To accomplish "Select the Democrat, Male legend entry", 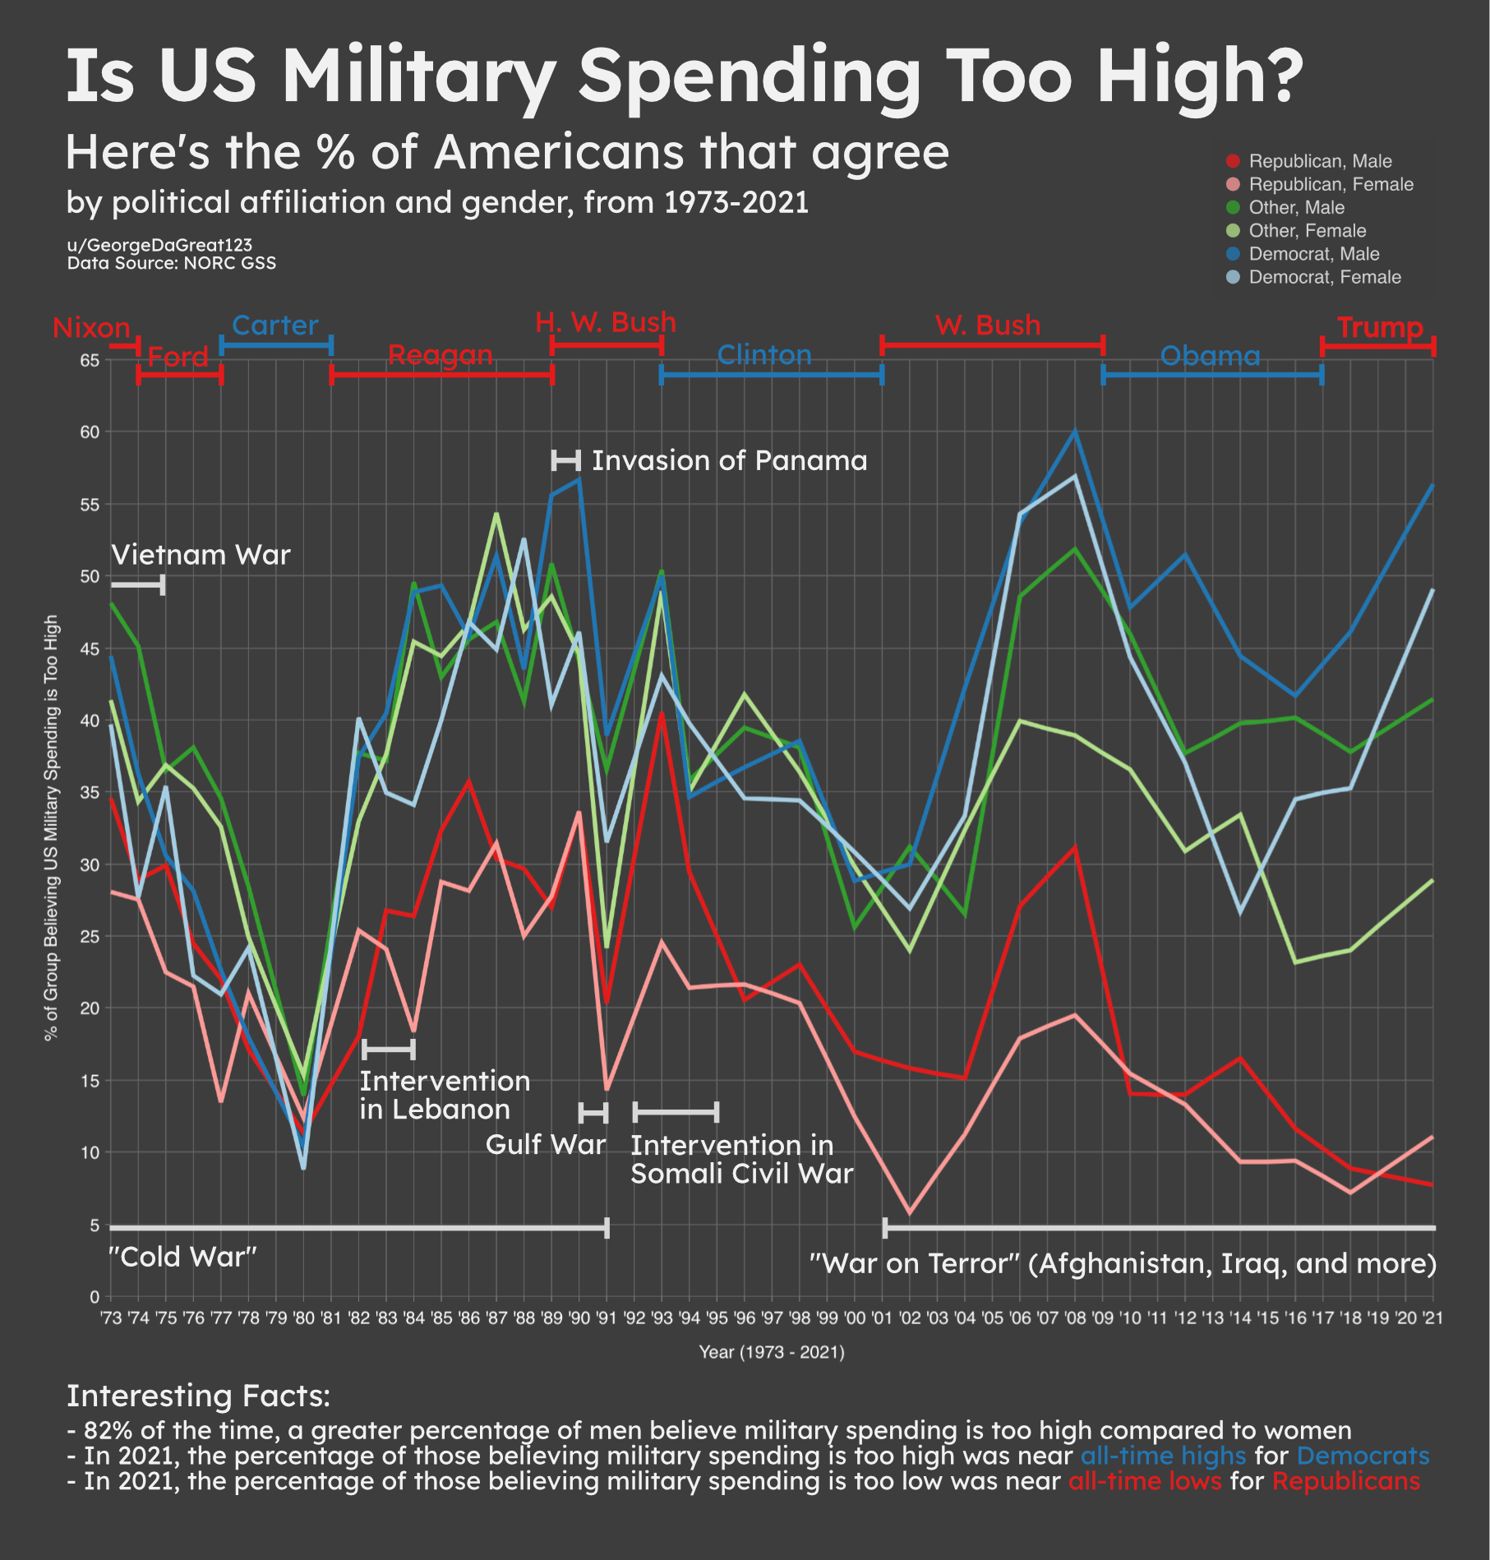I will click(1313, 254).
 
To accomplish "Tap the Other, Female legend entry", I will click(1307, 231).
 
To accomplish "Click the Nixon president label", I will click(91, 328).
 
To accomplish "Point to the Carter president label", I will click(274, 325).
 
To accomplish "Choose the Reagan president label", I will click(440, 355).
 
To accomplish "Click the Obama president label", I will click(1210, 355).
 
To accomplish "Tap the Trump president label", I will click(1380, 327).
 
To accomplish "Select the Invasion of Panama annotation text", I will click(729, 460).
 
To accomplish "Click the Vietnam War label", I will click(201, 555).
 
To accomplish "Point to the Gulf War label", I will click(545, 1144).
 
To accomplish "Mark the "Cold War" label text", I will click(183, 1257).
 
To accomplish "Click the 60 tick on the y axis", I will click(90, 432).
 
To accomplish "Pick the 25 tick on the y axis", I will click(90, 936).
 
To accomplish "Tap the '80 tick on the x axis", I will click(303, 1318).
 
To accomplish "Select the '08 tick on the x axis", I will click(1074, 1318).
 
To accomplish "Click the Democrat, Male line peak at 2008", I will click(1074, 432).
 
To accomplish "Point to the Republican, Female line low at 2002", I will click(909, 1213).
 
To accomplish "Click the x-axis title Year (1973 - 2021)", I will click(772, 1352).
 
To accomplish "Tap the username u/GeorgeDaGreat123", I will click(159, 245).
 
